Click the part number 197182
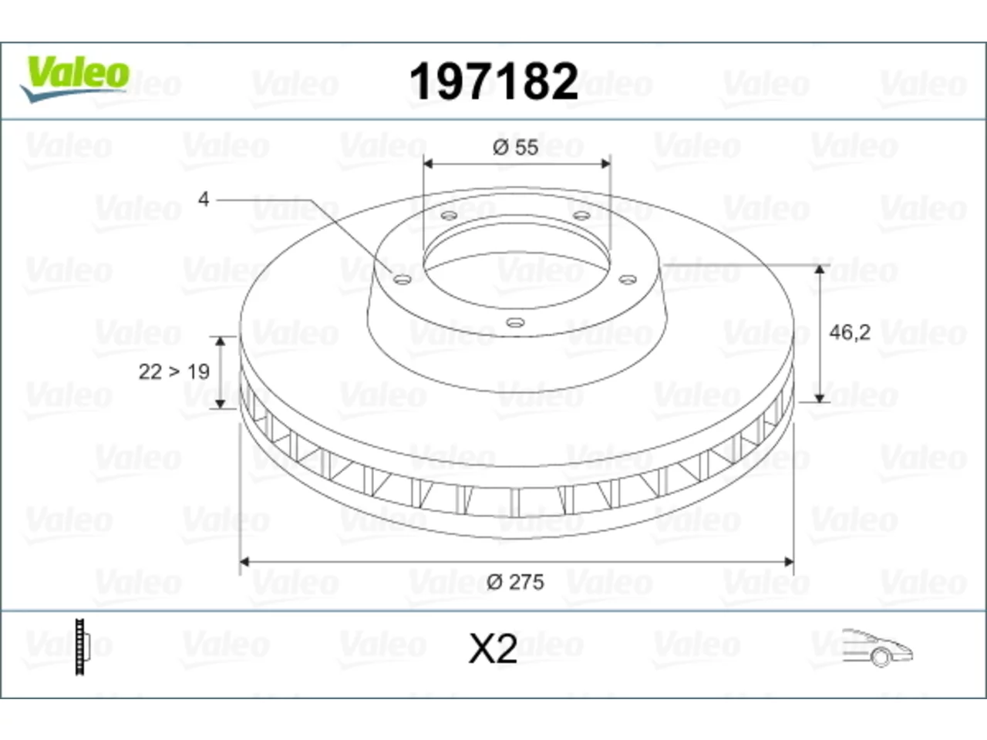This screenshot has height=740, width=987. point(493,82)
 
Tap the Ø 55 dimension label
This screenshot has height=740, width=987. point(515,147)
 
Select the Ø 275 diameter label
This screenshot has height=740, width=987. point(515,582)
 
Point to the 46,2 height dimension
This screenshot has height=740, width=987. point(850,333)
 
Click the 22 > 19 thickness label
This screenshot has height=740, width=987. point(174,372)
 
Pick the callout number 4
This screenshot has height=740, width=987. point(204,199)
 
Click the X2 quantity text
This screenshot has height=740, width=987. point(493,649)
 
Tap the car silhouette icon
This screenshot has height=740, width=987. point(878,648)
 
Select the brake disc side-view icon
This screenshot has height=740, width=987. point(83,647)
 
